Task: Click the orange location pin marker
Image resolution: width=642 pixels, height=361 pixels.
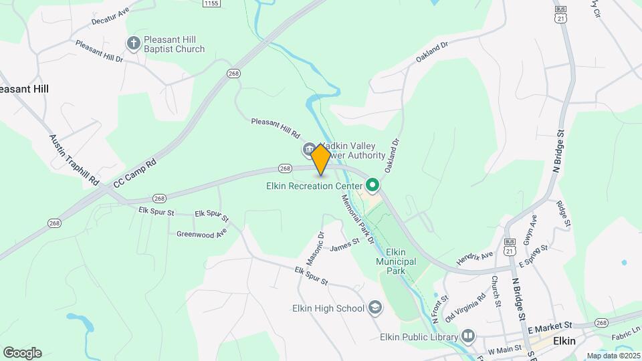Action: click(320, 159)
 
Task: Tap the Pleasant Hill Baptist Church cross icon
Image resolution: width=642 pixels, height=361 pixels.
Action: click(133, 43)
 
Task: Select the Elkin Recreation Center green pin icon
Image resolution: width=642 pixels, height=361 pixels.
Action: click(372, 185)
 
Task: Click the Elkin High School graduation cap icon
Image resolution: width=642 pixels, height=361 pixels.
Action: click(375, 308)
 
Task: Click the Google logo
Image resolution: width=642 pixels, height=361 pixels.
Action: click(22, 353)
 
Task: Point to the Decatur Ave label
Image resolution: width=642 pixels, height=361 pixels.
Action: click(110, 17)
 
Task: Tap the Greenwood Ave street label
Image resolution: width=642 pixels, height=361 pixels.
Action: click(201, 233)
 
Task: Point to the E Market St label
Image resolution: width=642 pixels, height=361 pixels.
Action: click(550, 326)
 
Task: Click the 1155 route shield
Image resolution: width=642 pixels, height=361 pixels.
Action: click(211, 3)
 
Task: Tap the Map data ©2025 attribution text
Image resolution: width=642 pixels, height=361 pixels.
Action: click(612, 356)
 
